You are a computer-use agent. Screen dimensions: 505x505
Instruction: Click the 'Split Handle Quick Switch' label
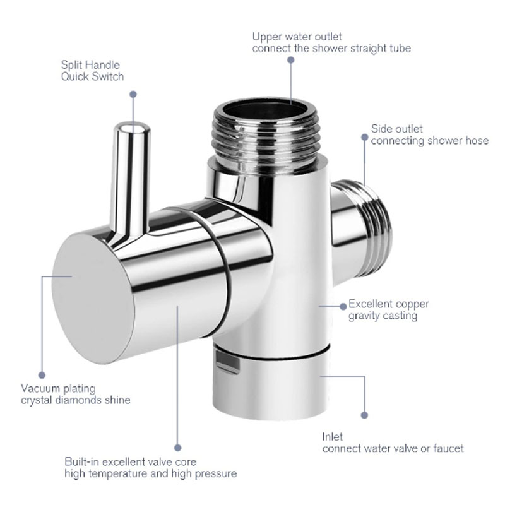(x=92, y=71)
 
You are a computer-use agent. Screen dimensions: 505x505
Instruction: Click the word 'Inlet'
(x=333, y=436)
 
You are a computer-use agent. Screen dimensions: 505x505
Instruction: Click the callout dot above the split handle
(x=133, y=93)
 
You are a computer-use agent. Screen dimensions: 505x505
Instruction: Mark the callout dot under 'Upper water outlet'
(x=291, y=60)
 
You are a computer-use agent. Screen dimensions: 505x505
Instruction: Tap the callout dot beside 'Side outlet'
(x=365, y=135)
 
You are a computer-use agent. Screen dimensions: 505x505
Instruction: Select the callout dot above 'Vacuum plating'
(x=42, y=374)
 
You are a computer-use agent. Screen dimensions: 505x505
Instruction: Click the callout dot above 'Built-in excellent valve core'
(x=177, y=447)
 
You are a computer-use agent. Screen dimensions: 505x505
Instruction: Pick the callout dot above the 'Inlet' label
(x=365, y=415)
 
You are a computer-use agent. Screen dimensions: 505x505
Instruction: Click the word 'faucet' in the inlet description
(x=447, y=448)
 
